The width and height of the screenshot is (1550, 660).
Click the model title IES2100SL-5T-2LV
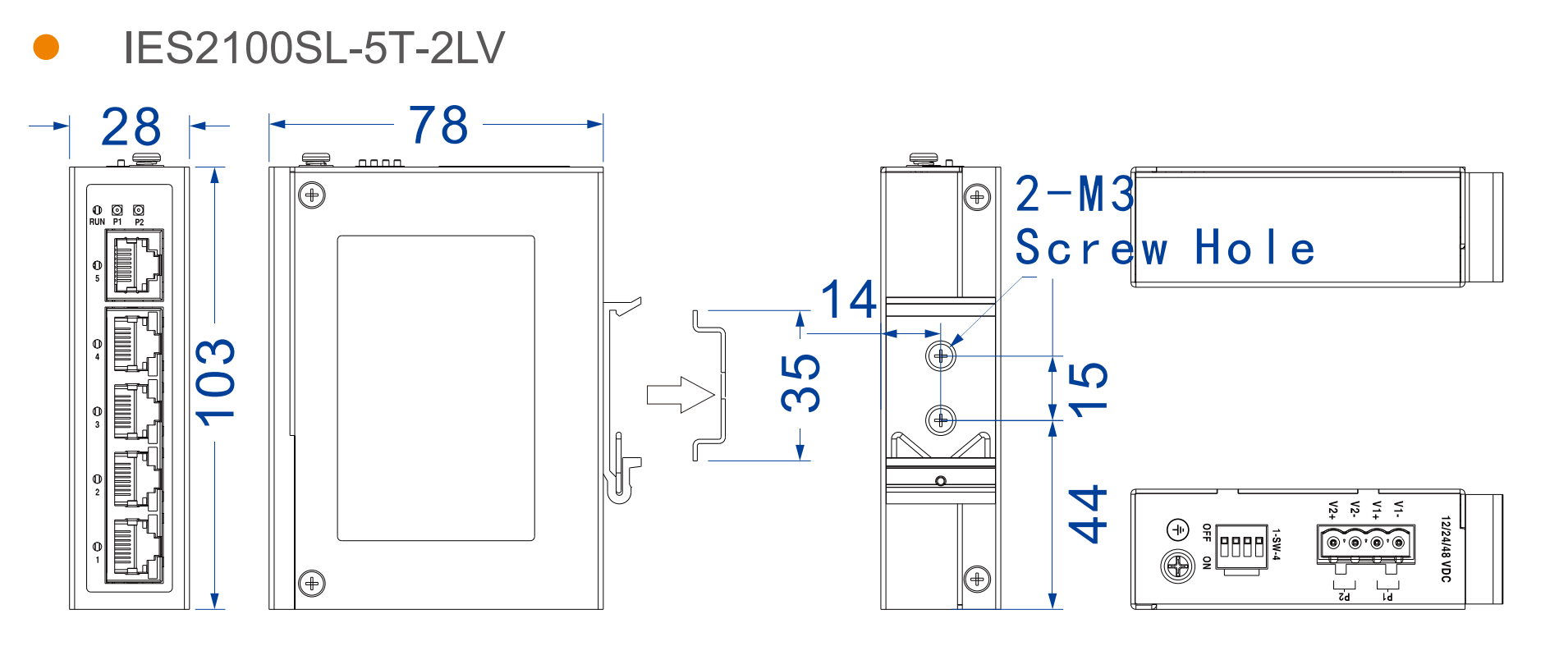coord(314,48)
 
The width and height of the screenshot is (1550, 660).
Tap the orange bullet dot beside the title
coord(46,47)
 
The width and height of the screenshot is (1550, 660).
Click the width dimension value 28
coord(131,127)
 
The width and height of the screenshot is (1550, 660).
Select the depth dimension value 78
coord(438,126)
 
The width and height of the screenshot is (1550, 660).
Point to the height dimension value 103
coord(216,382)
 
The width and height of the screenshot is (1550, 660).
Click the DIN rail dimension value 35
coord(800,383)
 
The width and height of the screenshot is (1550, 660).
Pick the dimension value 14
coord(849,300)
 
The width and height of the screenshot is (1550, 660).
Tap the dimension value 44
coord(1089,515)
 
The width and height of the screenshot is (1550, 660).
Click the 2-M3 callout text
coord(1075,195)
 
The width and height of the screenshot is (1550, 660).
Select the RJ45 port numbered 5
coord(135,264)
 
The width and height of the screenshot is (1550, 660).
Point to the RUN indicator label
coord(97,222)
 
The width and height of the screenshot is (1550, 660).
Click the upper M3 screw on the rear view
coord(941,356)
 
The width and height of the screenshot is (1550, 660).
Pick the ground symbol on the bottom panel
coord(1178,529)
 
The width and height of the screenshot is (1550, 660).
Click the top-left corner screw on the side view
coord(312,195)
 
